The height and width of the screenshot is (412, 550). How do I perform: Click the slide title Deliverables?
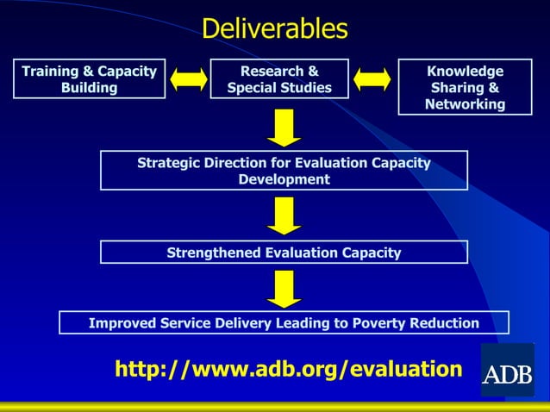[275, 28]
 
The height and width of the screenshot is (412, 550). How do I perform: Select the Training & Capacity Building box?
[90, 79]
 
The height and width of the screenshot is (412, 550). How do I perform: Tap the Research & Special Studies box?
[279, 79]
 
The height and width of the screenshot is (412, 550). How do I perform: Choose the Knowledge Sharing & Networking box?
[465, 87]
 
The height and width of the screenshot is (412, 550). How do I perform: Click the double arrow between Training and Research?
[188, 79]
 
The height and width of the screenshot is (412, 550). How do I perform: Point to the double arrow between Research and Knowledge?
[372, 79]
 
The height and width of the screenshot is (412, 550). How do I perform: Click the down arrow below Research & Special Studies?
[284, 128]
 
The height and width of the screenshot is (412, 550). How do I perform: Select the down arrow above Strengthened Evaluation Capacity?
[284, 215]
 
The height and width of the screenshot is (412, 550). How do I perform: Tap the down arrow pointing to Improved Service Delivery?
[284, 288]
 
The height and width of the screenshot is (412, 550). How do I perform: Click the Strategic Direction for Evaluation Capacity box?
[284, 171]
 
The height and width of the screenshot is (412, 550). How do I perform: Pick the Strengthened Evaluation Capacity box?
[284, 253]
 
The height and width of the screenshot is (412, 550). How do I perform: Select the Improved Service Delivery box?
[284, 323]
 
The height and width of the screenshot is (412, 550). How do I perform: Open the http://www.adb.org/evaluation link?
[289, 370]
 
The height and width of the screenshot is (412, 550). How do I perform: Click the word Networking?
[465, 104]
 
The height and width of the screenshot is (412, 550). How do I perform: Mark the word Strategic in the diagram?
[170, 163]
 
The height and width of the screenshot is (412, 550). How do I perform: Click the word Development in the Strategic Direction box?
[284, 179]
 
